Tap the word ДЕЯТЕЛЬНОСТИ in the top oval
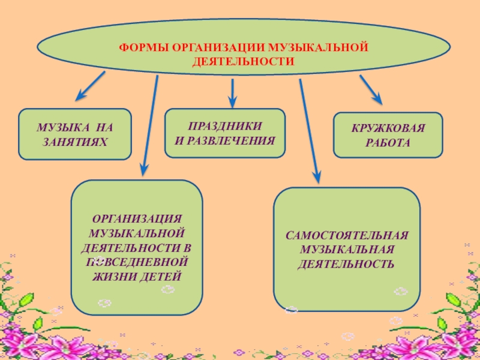243,62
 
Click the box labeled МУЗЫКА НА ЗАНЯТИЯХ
75,134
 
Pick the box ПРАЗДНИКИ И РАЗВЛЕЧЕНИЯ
225,133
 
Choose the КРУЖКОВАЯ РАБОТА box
388,135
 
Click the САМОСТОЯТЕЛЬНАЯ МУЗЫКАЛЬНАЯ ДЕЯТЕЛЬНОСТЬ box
347,248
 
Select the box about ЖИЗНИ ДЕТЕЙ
137,247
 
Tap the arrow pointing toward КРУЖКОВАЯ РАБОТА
371,89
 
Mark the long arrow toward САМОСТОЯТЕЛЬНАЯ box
310,129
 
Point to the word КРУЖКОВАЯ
388,128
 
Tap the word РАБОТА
388,143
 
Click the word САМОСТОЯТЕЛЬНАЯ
347,235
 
